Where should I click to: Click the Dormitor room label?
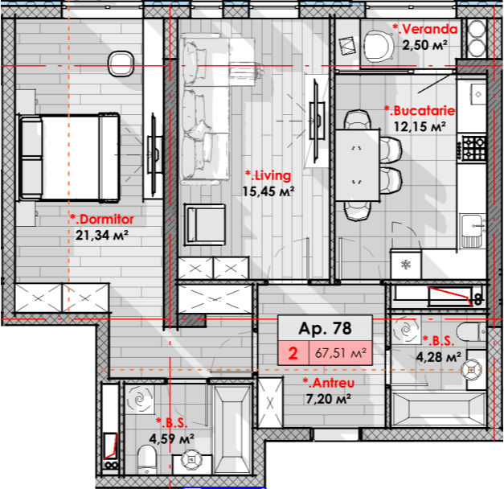click(102, 220)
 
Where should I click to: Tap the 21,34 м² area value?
click(102, 235)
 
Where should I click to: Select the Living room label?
click(268, 175)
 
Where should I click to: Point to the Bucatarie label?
click(420, 111)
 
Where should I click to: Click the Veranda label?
click(425, 29)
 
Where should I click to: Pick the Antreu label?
click(329, 383)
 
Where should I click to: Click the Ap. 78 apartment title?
click(325, 328)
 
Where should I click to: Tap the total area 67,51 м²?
click(341, 353)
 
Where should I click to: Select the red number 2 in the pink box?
click(293, 353)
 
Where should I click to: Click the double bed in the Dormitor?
click(69, 158)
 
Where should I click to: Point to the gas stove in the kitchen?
click(473, 148)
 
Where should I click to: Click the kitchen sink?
click(472, 231)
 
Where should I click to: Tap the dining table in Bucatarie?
click(358, 166)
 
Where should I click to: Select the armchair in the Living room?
click(205, 224)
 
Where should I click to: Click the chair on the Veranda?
click(379, 46)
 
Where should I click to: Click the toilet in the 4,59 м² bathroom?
click(147, 459)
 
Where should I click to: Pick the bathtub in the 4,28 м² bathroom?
click(439, 410)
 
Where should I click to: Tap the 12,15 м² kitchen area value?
click(420, 126)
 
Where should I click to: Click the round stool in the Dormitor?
click(121, 64)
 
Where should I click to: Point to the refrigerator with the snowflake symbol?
click(406, 265)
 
